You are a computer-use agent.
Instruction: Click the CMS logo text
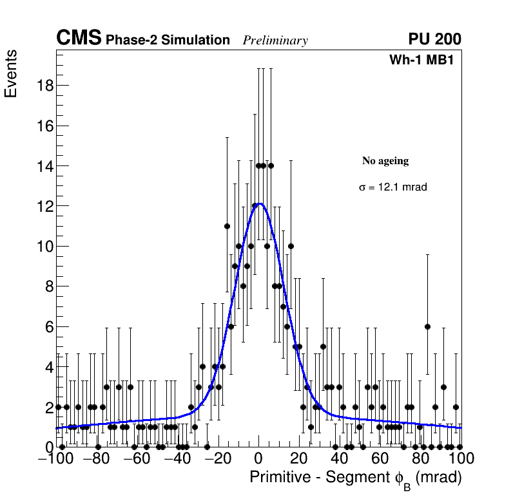79,39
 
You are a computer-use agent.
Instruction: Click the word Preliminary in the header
275,41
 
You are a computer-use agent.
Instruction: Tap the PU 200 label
434,39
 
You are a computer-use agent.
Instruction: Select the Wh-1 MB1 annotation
425,61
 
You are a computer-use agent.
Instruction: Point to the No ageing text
385,161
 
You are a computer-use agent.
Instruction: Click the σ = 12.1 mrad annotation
392,187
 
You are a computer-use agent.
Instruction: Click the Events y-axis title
11,73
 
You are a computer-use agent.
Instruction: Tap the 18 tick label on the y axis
43,86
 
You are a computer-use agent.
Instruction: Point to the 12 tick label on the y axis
43,206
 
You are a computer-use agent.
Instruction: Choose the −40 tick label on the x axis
177,459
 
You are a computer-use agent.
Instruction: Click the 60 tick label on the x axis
380,459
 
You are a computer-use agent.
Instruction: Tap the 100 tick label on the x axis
461,459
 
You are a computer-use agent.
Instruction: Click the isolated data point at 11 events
227,226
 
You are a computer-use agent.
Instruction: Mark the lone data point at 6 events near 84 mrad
427,326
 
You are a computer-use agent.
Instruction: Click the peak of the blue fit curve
258,203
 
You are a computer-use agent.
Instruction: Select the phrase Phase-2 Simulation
168,41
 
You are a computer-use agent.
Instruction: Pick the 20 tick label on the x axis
299,459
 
